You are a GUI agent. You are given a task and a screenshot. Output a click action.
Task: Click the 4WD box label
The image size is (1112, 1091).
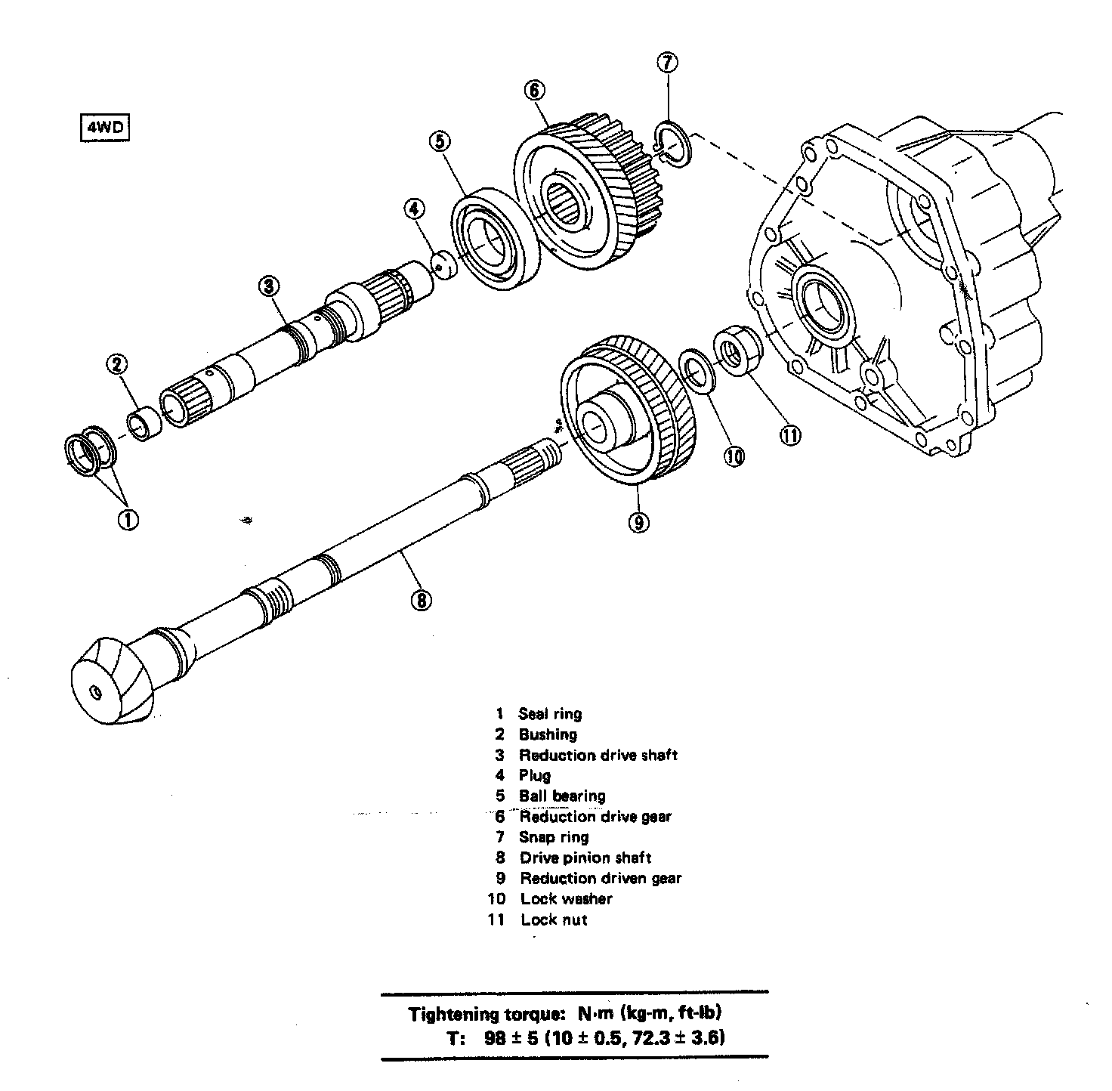click(103, 127)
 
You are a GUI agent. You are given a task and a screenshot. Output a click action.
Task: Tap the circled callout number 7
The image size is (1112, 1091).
click(667, 63)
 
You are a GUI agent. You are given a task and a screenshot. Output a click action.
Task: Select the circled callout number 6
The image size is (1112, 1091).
click(533, 91)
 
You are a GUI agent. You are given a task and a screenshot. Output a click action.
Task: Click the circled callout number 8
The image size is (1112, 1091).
click(421, 600)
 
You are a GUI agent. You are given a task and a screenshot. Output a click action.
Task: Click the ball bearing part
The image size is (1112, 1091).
click(495, 242)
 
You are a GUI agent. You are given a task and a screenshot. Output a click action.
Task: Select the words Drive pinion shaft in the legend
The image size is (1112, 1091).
click(585, 858)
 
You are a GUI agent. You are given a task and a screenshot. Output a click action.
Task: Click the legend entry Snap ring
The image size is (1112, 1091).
click(553, 837)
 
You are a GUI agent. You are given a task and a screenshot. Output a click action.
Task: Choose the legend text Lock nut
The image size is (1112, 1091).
click(554, 919)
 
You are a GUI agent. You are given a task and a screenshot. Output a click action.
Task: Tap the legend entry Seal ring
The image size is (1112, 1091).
click(550, 714)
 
